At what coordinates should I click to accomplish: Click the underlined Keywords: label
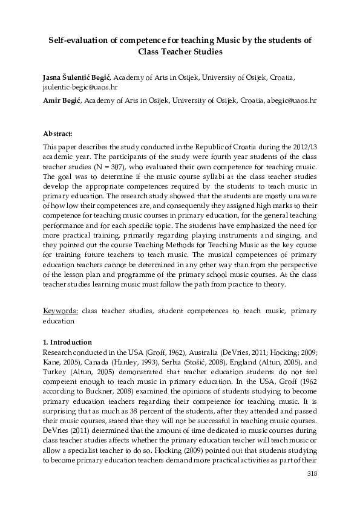pos(61,311)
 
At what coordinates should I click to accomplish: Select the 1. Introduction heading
pos(68,342)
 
